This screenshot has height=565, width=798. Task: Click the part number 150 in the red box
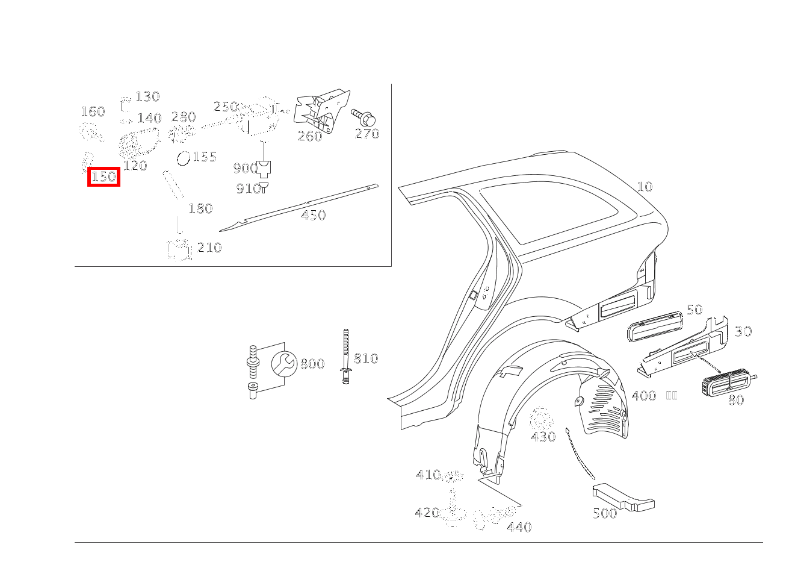(104, 176)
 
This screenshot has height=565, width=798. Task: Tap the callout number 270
(367, 134)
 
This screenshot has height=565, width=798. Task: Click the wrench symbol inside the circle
(284, 364)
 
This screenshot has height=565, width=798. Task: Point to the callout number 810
(366, 358)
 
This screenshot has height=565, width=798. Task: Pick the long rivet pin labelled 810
(345, 356)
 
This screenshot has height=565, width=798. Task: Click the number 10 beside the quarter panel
(645, 187)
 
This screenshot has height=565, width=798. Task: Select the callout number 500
(605, 513)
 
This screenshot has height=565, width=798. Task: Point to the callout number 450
(313, 215)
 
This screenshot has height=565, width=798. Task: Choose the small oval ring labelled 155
(184, 158)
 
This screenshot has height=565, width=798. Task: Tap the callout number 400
(644, 396)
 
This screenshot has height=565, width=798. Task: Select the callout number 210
(209, 248)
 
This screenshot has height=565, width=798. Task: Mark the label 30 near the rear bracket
(743, 331)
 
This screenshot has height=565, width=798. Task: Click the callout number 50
(694, 310)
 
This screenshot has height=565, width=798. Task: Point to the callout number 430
(543, 437)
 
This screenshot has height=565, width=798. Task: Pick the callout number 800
(312, 364)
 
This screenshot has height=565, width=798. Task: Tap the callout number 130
(148, 96)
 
